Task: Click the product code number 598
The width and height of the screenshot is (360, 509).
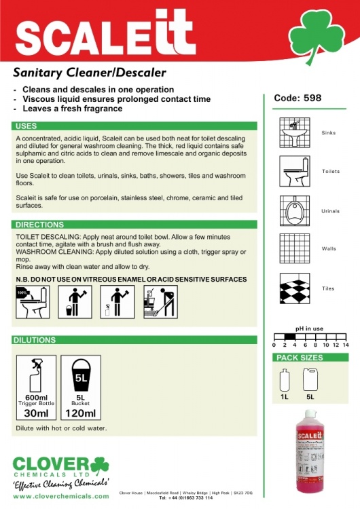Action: [x=312, y=98]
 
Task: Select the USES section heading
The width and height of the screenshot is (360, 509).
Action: [x=26, y=126]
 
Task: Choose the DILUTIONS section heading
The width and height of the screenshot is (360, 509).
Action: [x=35, y=340]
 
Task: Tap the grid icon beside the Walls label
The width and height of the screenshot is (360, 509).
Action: [x=295, y=249]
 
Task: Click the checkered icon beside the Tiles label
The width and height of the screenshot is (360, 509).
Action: [x=295, y=288]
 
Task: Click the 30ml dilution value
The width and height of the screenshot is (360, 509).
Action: [x=36, y=413]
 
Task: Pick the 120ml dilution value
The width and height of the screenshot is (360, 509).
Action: [x=80, y=413]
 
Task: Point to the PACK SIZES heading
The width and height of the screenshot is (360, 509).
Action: [x=299, y=358]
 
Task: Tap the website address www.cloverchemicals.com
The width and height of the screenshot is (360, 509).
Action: [x=61, y=496]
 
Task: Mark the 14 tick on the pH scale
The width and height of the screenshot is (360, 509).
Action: [x=345, y=345]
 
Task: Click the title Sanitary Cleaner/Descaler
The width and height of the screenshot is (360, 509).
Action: [x=90, y=73]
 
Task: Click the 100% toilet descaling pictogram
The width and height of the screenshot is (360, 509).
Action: [x=29, y=302]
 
